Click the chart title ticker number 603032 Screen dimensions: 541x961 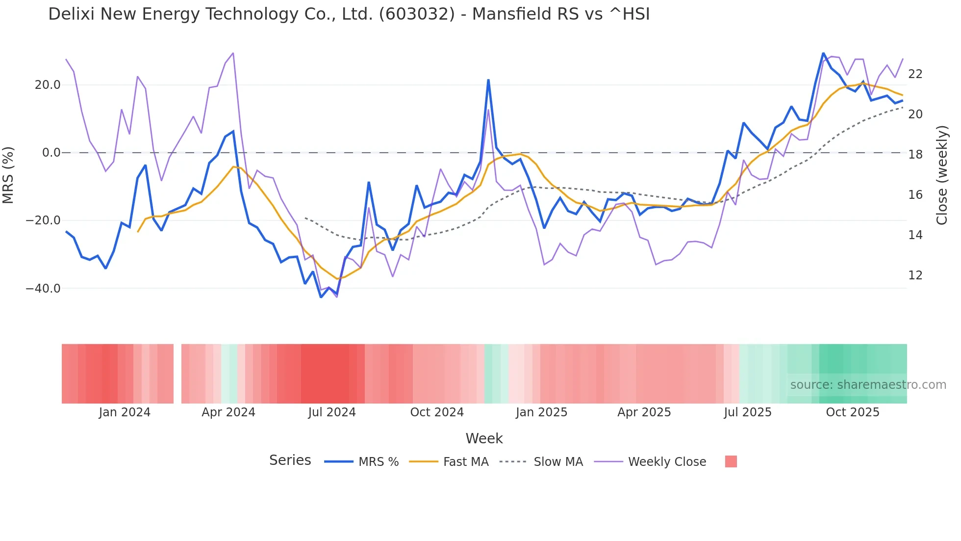click(x=417, y=14)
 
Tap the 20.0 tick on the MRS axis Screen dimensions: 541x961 click(x=48, y=85)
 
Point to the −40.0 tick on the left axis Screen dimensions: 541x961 click(x=44, y=289)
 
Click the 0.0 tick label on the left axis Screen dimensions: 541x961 click(x=51, y=153)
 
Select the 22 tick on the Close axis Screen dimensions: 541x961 click(x=915, y=74)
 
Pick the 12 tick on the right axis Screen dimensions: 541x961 click(x=915, y=275)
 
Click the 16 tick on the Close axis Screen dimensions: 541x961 click(x=915, y=195)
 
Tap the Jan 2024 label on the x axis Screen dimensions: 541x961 click(x=125, y=412)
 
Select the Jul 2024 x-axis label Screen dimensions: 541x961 click(x=332, y=412)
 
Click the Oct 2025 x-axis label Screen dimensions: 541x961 click(x=853, y=412)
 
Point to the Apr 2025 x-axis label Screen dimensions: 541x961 click(x=644, y=412)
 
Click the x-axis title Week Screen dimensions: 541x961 click(x=484, y=438)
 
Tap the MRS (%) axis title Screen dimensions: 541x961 click(x=8, y=175)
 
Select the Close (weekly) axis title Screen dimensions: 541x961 click(x=942, y=175)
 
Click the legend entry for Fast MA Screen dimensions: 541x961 click(x=466, y=462)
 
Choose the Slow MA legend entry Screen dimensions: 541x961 click(x=558, y=462)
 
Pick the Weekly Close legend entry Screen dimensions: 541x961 click(x=667, y=462)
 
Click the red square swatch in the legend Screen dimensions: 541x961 click(x=731, y=461)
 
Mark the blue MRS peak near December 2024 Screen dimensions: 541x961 click(x=488, y=80)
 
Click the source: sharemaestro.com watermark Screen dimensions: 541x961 click(x=868, y=385)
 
